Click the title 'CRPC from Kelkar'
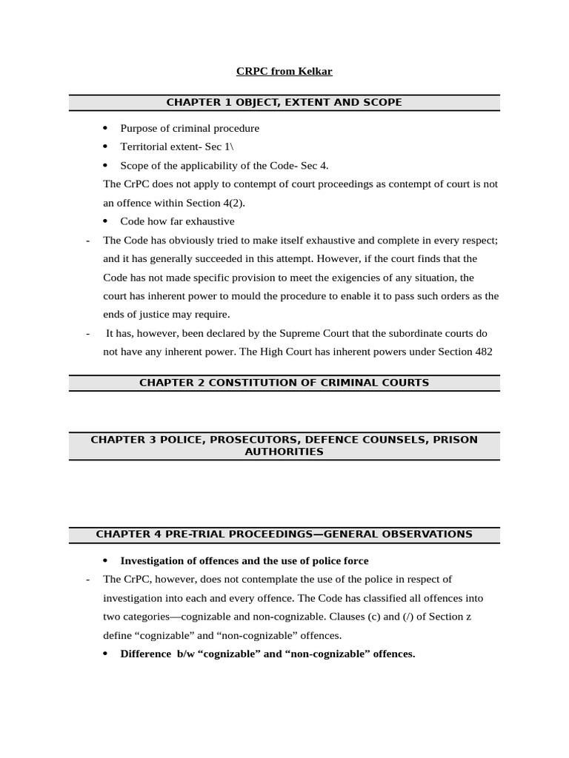coord(284,72)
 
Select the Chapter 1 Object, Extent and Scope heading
coord(284,102)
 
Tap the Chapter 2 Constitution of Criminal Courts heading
coord(284,383)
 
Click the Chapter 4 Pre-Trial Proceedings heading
coord(284,534)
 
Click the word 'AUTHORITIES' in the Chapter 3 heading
coord(284,452)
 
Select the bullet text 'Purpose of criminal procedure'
coord(190,128)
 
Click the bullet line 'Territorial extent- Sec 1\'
coord(176,147)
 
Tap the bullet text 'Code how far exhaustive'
coord(177,221)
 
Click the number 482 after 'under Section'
coord(485,352)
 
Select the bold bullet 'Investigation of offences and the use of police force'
coord(244,560)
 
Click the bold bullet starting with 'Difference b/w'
coord(267,654)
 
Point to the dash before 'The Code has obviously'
coord(88,240)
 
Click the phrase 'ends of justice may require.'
coord(166,314)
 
